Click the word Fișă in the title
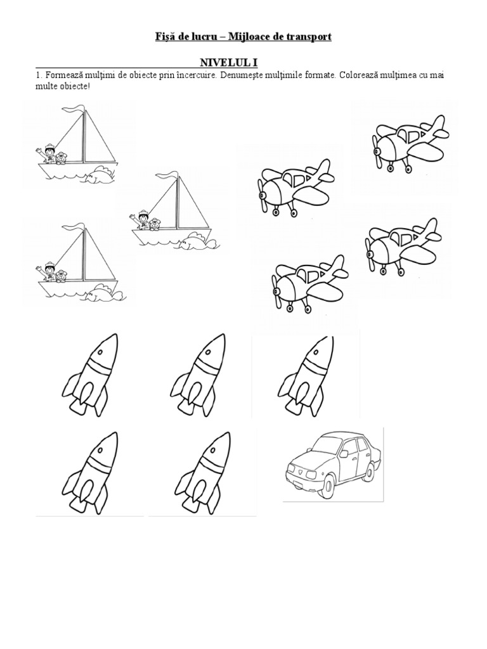[164, 37]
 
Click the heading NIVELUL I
[228, 63]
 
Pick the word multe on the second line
[45, 86]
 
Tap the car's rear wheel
[368, 469]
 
